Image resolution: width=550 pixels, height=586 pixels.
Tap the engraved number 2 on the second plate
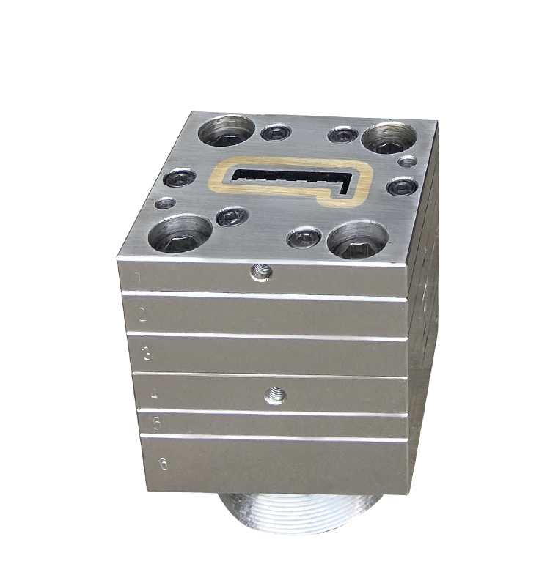(142, 316)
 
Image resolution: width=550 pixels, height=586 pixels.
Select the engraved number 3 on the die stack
(147, 355)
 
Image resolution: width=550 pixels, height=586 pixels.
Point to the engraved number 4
(153, 395)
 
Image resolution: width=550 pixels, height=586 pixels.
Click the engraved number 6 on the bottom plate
(163, 463)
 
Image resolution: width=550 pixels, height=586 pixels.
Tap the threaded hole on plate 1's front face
(260, 274)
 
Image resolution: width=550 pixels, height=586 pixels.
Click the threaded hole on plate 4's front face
(275, 396)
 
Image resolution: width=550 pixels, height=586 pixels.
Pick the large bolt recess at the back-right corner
(389, 137)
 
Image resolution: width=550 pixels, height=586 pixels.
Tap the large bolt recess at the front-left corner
(180, 233)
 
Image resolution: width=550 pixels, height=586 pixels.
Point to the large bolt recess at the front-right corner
(356, 240)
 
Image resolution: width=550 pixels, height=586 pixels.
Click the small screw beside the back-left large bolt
(276, 133)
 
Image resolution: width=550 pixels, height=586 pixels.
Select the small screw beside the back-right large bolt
(342, 135)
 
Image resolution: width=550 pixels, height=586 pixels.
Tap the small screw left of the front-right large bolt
(303, 237)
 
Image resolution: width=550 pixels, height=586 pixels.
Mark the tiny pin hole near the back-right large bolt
(408, 160)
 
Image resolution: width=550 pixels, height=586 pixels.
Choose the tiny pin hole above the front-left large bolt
(167, 203)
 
